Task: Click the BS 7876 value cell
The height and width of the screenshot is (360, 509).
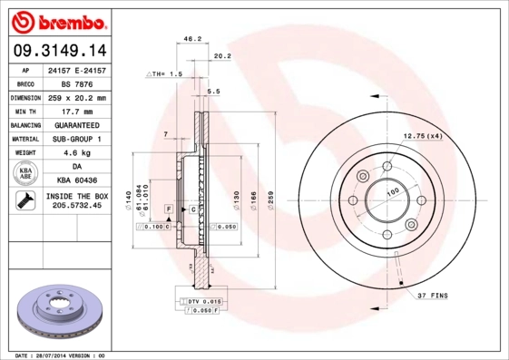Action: tap(75, 83)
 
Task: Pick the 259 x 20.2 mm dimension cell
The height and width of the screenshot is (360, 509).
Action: tap(75, 97)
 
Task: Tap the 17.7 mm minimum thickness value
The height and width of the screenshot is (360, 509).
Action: tap(75, 111)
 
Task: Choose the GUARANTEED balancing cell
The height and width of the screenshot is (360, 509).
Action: tap(75, 124)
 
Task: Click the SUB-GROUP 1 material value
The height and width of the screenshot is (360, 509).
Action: tap(75, 139)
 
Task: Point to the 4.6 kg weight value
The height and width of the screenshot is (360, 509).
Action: tap(75, 152)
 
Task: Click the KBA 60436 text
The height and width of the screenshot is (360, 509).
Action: tap(75, 180)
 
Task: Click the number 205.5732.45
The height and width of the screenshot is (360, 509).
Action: tap(75, 207)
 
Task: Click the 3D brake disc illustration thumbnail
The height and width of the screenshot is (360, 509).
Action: tap(58, 311)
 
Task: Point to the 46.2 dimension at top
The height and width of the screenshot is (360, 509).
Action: tap(192, 39)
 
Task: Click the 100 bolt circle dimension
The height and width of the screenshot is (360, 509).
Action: tap(393, 192)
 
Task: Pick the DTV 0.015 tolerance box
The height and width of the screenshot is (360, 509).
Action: tap(204, 299)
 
